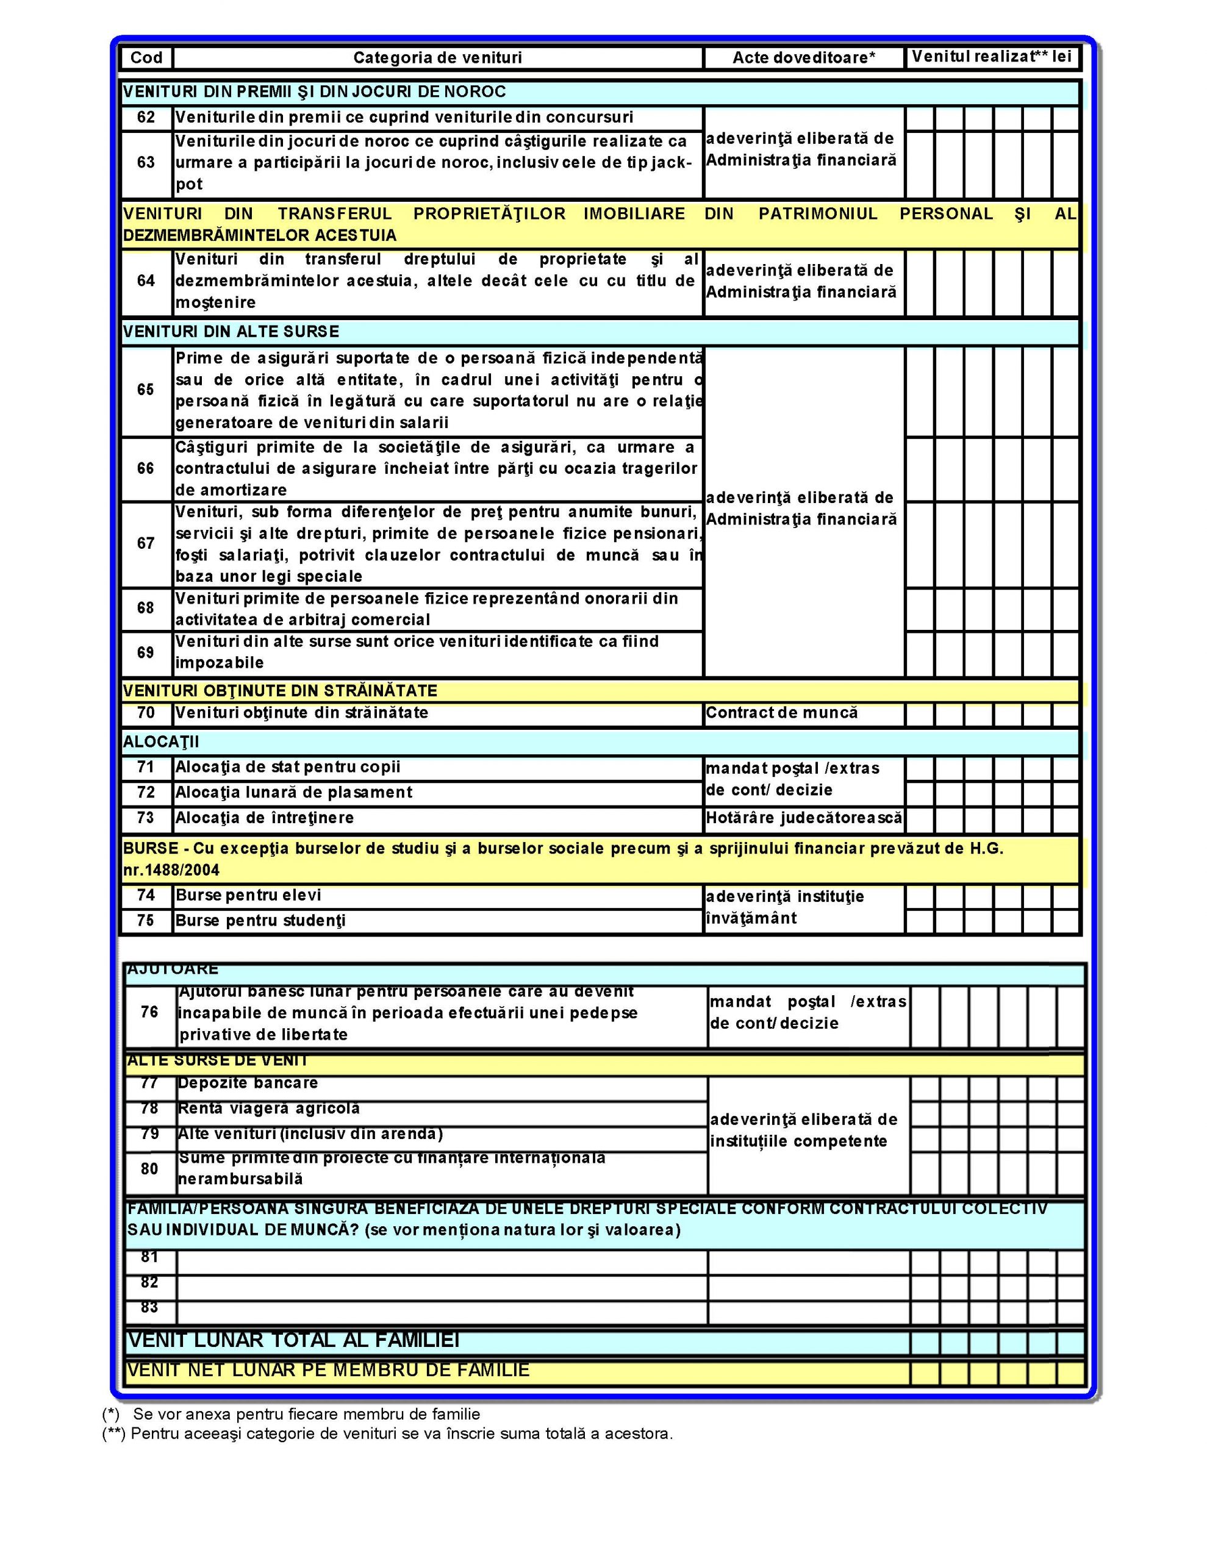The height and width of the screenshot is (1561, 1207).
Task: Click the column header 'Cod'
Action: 146,58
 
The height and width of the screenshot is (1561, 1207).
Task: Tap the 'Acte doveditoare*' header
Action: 804,58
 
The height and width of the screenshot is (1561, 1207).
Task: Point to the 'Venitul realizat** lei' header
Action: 992,57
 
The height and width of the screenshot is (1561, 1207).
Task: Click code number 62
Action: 146,117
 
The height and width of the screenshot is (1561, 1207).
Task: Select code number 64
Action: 146,281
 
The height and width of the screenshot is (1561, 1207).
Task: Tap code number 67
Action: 146,543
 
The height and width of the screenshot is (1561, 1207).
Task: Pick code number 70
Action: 146,713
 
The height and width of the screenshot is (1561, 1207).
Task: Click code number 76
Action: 149,1012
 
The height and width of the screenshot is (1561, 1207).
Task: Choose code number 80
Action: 149,1168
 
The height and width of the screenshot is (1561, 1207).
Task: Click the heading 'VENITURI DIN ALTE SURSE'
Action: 231,332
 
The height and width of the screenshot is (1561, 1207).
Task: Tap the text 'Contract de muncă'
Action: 781,713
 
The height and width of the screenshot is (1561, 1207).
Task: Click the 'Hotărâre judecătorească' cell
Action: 804,818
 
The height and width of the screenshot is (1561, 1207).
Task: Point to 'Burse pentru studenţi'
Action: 260,921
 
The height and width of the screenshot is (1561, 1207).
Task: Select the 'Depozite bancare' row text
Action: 248,1084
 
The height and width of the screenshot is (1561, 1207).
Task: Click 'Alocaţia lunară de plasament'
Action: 293,793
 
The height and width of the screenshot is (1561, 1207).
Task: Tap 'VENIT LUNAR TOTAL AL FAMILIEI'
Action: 293,1340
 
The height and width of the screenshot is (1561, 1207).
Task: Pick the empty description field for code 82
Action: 441,1283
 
